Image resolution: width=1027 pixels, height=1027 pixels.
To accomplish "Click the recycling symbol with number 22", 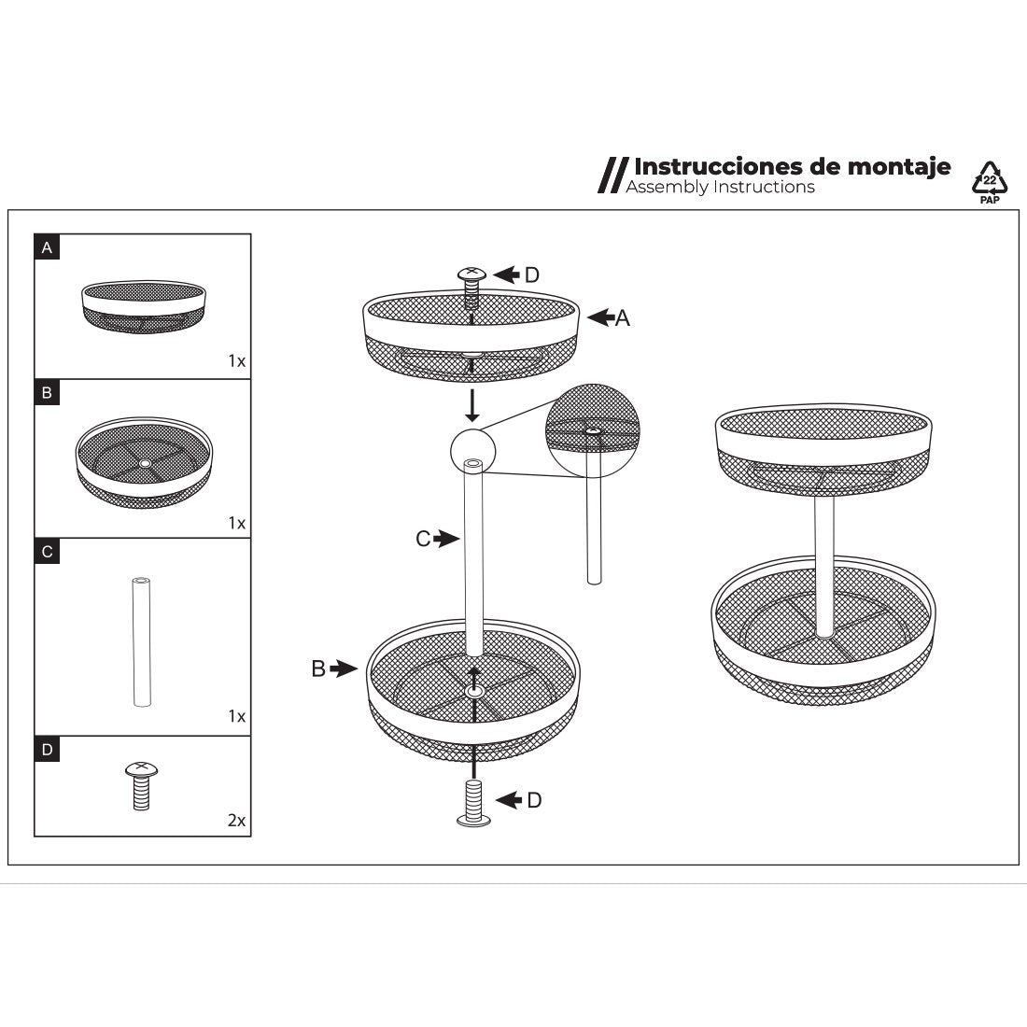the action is tap(989, 179).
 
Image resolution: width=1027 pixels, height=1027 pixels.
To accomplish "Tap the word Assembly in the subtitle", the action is tap(666, 188).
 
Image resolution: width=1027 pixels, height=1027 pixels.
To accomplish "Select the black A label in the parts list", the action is tap(47, 247).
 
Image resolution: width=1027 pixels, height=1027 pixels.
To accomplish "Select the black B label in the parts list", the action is tap(47, 393).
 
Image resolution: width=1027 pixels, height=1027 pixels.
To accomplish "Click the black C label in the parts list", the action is tap(47, 552).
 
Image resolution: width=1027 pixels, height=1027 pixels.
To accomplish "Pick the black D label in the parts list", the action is tap(47, 750).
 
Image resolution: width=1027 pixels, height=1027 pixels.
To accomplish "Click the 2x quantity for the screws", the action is tap(236, 820).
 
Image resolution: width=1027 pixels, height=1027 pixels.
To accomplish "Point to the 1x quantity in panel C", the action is tap(236, 716).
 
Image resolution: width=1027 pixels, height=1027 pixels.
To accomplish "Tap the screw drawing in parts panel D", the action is tap(142, 785).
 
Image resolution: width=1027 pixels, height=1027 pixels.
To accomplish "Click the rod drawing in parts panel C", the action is tap(142, 642).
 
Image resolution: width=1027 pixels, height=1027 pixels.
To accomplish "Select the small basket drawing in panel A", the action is tap(144, 306).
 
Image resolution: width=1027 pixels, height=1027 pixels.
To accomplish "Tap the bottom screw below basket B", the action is tap(473, 802).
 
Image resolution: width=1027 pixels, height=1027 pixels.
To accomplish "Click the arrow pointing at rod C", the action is tap(446, 539).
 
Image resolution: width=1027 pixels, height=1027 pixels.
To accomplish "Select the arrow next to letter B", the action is tap(344, 668).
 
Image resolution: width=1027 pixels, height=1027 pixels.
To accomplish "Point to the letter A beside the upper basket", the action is tap(622, 318).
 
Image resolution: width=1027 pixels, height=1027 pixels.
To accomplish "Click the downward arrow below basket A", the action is tap(471, 405).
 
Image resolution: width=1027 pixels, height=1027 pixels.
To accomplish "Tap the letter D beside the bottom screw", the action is tap(534, 800).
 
